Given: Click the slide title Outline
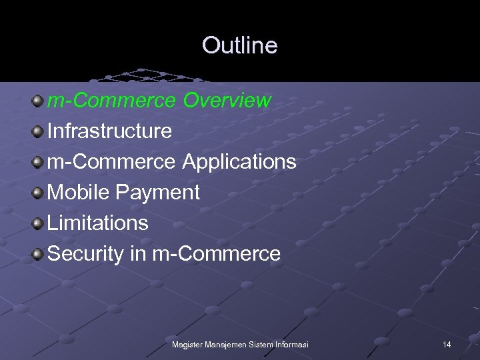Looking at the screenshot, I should (239, 45).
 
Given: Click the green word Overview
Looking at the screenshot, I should (227, 101).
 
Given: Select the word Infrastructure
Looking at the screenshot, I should (110, 131).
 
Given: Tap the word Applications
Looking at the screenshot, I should (239, 162).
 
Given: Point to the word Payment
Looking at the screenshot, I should (157, 193).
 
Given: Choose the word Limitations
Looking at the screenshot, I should (98, 223).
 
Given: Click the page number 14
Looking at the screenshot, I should (447, 344).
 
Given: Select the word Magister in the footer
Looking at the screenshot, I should (188, 344).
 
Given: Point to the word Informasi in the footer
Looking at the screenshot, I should (291, 344).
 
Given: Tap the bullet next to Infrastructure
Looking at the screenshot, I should (39, 131).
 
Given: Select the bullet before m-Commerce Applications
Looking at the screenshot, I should (39, 162).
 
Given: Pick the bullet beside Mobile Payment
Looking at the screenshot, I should (39, 193).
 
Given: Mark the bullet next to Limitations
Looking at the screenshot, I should (39, 223).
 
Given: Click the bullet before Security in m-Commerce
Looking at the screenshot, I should (39, 254).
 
